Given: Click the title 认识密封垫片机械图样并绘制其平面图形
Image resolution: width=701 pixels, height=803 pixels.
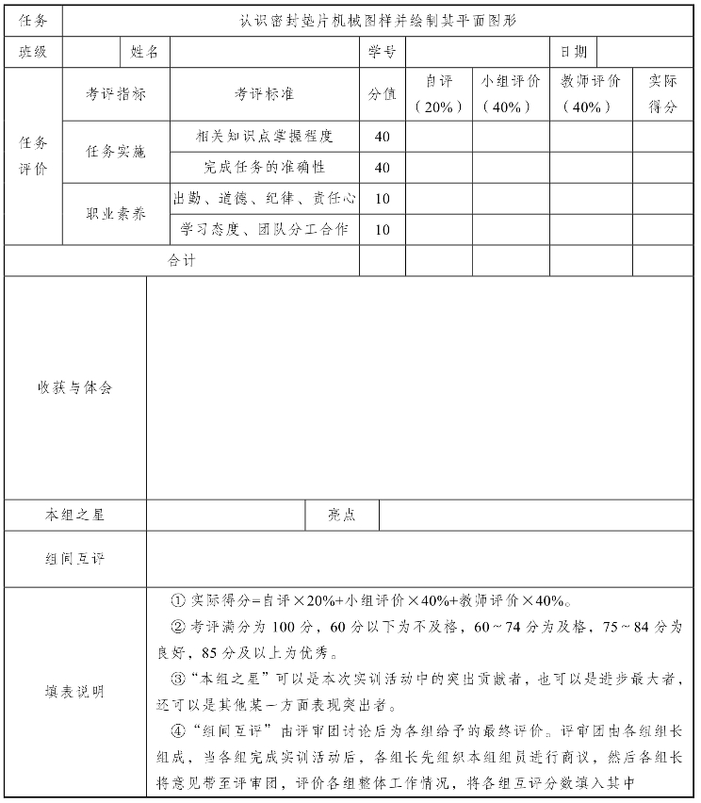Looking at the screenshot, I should click(x=378, y=20).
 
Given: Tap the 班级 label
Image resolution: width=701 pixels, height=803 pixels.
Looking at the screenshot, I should click(x=33, y=52).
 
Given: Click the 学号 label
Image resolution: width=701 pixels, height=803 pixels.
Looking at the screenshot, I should click(x=383, y=52).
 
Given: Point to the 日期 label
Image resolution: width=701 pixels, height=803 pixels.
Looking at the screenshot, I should click(x=573, y=52).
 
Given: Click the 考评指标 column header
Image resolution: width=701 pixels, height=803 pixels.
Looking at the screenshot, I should click(x=116, y=94).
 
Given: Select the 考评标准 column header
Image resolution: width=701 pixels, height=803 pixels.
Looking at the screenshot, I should click(x=265, y=94).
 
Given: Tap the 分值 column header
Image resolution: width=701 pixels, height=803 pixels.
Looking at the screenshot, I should click(x=383, y=94).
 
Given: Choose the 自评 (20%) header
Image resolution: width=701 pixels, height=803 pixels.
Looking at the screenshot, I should click(x=439, y=94).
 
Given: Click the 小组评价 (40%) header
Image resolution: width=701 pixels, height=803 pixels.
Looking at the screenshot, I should click(x=512, y=94).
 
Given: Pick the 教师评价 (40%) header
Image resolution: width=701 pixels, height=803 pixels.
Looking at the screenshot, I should click(x=591, y=94).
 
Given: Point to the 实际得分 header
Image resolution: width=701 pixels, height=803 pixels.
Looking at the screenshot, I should click(x=663, y=94).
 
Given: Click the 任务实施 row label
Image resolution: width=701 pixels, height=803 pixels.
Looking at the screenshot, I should click(x=116, y=152).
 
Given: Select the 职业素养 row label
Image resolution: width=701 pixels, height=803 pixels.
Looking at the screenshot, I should click(x=116, y=214).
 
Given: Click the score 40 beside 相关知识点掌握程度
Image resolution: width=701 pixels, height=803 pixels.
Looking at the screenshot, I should click(x=383, y=137).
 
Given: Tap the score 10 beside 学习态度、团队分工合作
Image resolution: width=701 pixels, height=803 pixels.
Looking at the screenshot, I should click(x=383, y=229).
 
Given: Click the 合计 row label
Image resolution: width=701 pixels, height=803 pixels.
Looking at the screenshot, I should click(x=182, y=260).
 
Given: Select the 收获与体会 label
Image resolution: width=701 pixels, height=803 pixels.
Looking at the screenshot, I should click(x=75, y=387).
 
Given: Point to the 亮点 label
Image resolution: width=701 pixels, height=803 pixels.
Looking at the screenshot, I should click(x=342, y=515).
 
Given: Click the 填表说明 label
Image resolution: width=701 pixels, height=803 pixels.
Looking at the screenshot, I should click(x=75, y=692).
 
